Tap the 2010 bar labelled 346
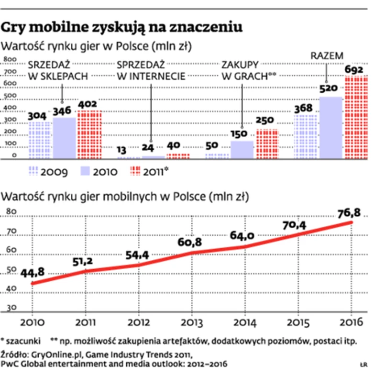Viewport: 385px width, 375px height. pyautogui.click(x=64, y=138)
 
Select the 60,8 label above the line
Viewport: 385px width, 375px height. pyautogui.click(x=190, y=241)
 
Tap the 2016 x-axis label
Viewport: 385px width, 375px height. pyautogui.click(x=352, y=321)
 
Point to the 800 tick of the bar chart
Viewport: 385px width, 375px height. pyautogui.click(x=10, y=60)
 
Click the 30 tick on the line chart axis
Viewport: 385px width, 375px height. pyautogui.click(x=11, y=308)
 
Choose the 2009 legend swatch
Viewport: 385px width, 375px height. pyautogui.click(x=34, y=171)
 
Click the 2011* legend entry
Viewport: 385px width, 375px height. pyautogui.click(x=154, y=171)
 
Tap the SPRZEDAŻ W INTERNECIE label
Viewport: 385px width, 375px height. pyautogui.click(x=151, y=70)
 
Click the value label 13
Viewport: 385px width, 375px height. pyautogui.click(x=123, y=149)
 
